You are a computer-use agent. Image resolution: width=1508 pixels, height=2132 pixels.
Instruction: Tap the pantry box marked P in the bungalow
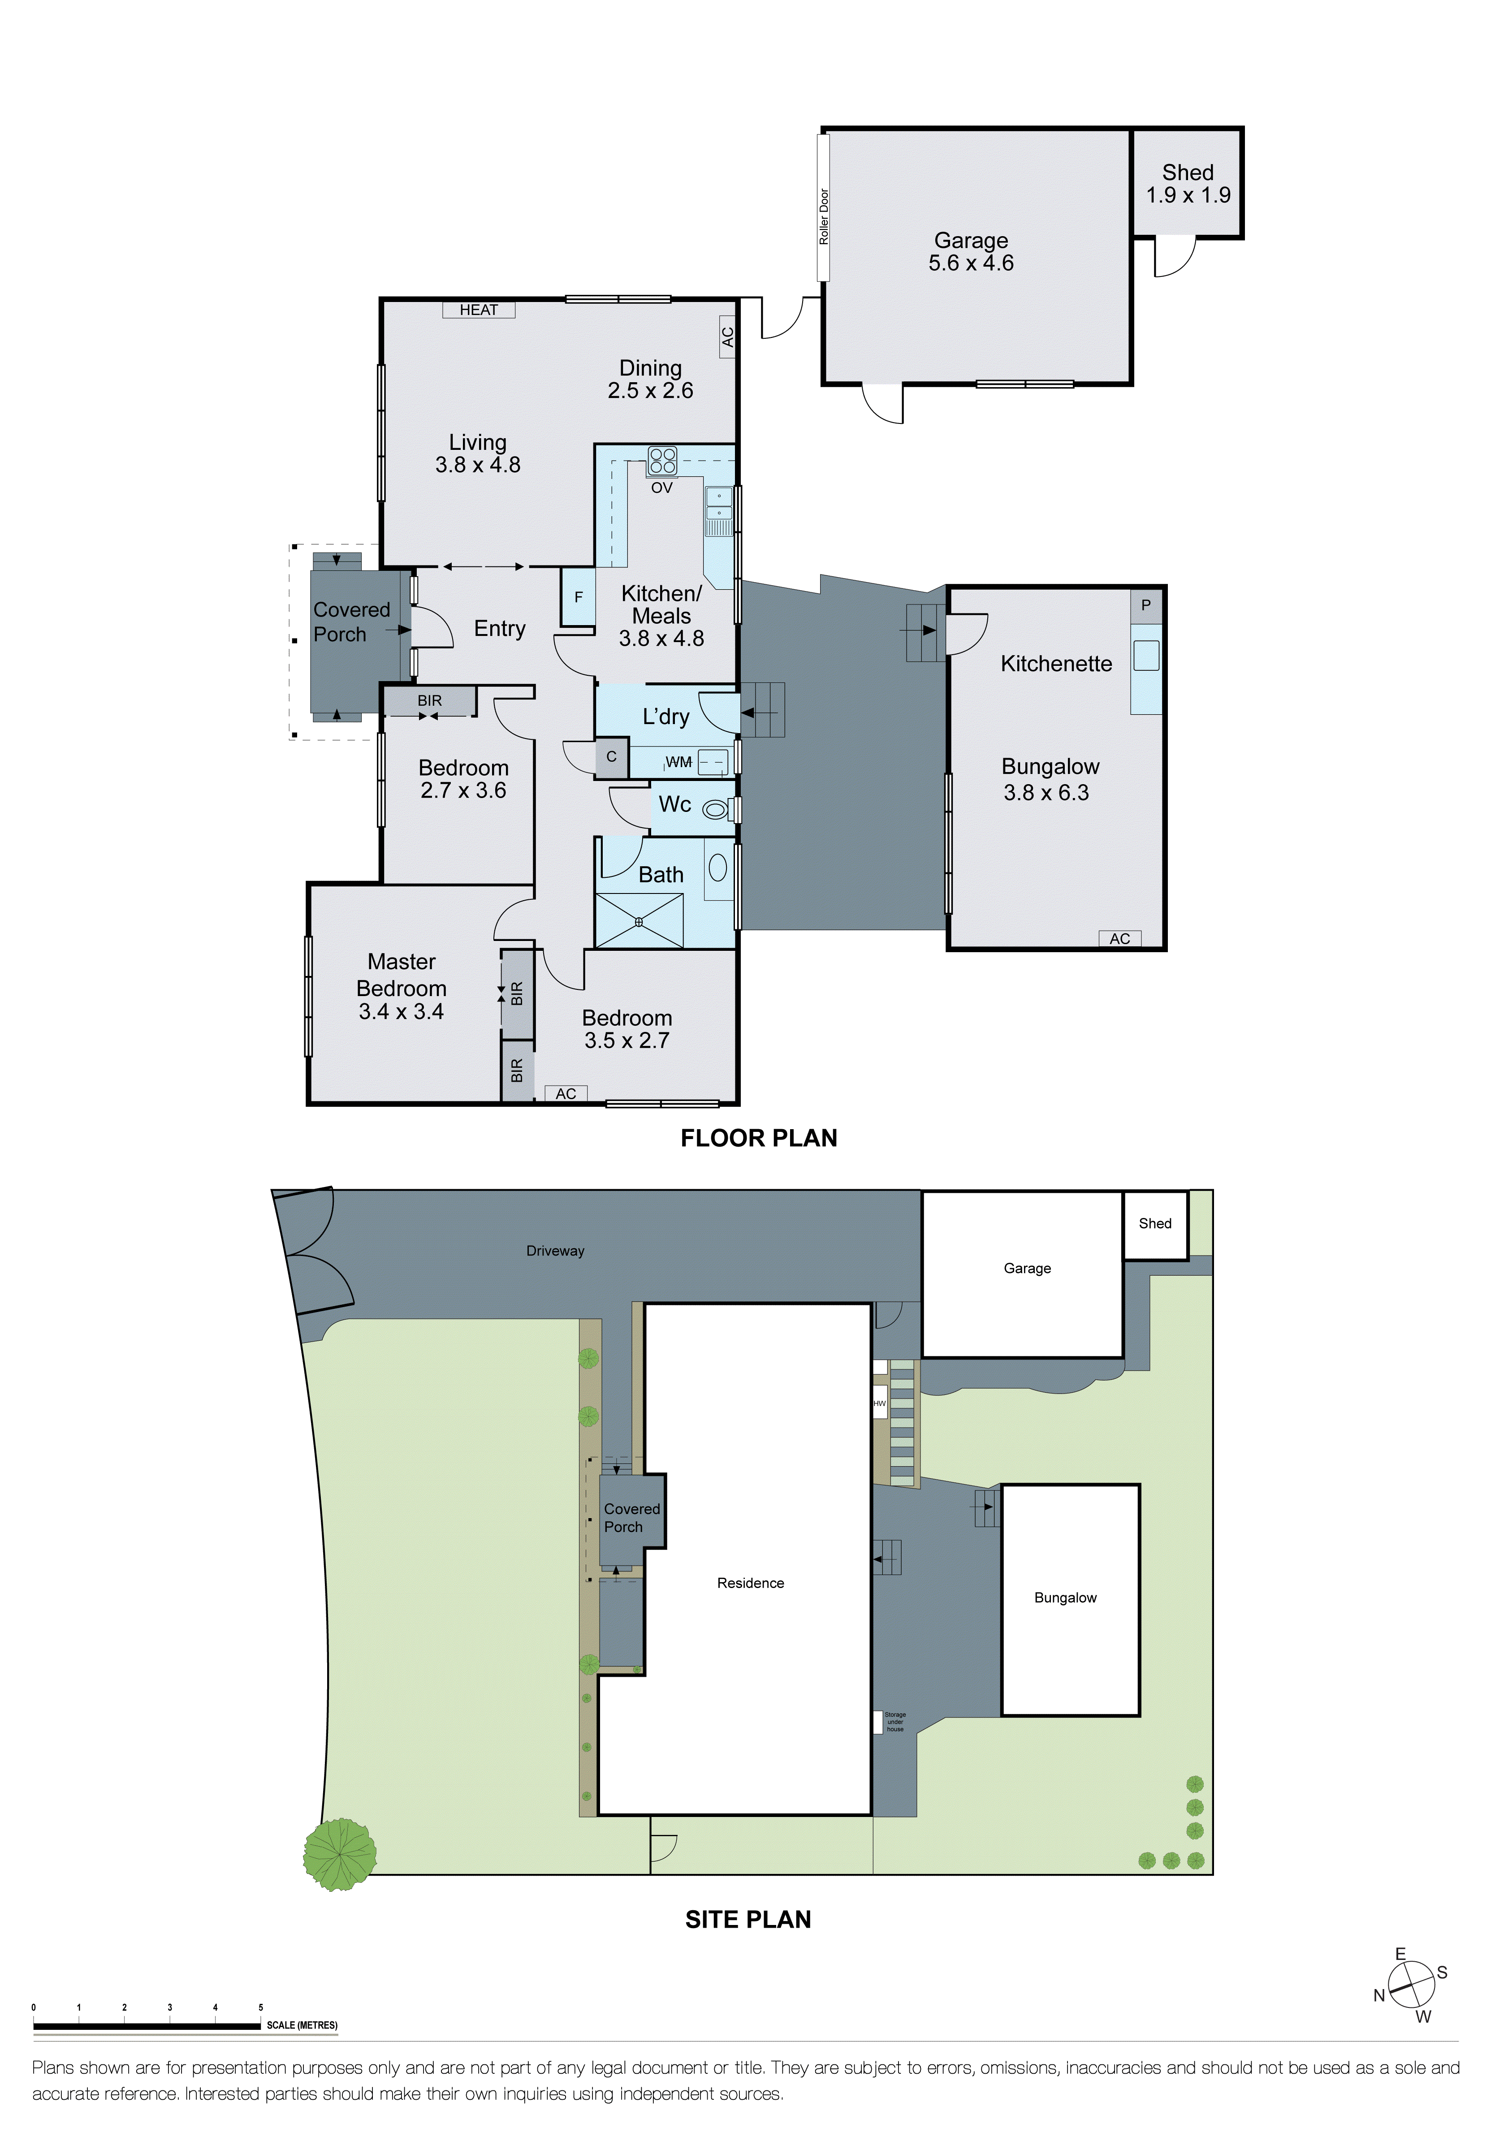click(1146, 605)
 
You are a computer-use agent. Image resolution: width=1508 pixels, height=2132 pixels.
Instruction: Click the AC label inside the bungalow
click(1120, 939)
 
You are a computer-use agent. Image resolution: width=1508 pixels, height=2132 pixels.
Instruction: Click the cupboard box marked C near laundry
click(611, 757)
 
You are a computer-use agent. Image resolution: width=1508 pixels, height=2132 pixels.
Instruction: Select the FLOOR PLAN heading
click(759, 1139)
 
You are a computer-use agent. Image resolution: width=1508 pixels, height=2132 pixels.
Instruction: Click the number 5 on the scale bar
click(261, 2007)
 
